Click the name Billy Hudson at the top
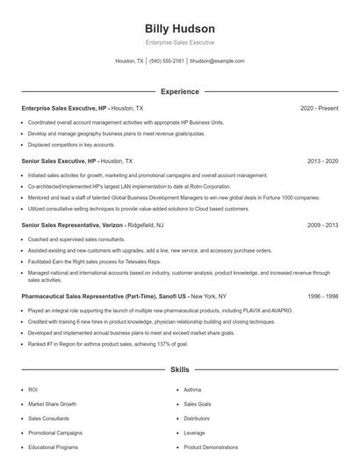pos(179,29)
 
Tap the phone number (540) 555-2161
pos(167,61)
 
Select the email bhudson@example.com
pos(217,61)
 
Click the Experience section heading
pos(179,91)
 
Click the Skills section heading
pos(179,370)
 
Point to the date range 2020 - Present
pos(319,108)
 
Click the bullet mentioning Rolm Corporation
pos(129,186)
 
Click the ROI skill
pos(33,390)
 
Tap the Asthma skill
pos(192,390)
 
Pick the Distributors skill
pos(197,418)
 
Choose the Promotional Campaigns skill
pos(55,433)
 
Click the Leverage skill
pos(194,433)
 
